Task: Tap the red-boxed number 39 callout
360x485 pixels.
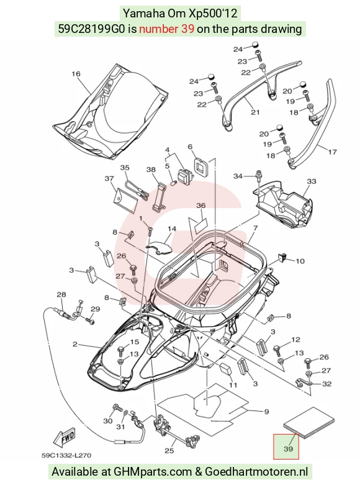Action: coord(286,446)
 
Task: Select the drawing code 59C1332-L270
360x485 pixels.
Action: coord(66,455)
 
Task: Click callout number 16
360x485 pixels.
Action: coord(76,74)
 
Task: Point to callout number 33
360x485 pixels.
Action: coord(312,181)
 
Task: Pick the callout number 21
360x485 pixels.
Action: coord(255,112)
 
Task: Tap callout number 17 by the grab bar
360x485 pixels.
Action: coord(332,152)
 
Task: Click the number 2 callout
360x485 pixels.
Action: coord(75,344)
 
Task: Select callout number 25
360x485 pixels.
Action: coord(169,450)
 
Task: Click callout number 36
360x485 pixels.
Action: coord(200,206)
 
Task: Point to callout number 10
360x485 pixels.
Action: coord(300,261)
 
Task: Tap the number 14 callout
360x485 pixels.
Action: coord(172,229)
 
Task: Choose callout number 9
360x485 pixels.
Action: coord(266,412)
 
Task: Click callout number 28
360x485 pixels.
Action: coord(61,294)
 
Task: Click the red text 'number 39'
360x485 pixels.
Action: coord(167,29)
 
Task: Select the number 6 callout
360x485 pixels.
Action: coord(190,147)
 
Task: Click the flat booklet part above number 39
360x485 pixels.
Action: coord(309,423)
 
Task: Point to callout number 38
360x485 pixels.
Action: coord(151,170)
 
